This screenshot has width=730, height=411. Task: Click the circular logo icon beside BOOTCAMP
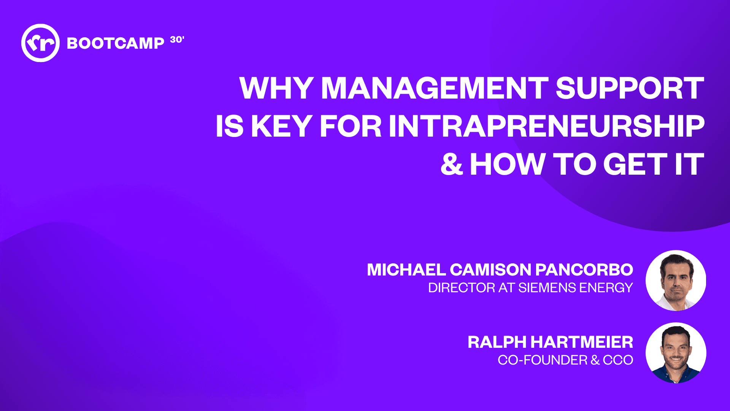(40, 43)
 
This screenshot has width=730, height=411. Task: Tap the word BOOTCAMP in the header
(115, 43)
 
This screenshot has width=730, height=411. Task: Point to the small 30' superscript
(177, 40)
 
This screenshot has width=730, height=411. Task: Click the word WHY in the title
(276, 88)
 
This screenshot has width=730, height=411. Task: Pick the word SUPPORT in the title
(630, 88)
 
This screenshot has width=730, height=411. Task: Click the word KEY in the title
(281, 126)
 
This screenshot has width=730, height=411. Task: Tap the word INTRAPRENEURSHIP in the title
(546, 126)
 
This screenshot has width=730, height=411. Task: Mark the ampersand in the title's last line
(451, 164)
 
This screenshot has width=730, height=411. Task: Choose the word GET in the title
(635, 164)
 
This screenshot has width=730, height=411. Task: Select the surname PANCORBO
(584, 270)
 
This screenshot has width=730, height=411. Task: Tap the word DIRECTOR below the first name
(461, 288)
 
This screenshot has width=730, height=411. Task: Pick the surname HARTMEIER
(582, 342)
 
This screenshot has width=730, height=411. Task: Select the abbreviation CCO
(618, 360)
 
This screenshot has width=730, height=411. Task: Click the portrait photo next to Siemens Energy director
(676, 280)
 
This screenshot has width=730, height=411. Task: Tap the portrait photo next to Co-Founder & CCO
(676, 353)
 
